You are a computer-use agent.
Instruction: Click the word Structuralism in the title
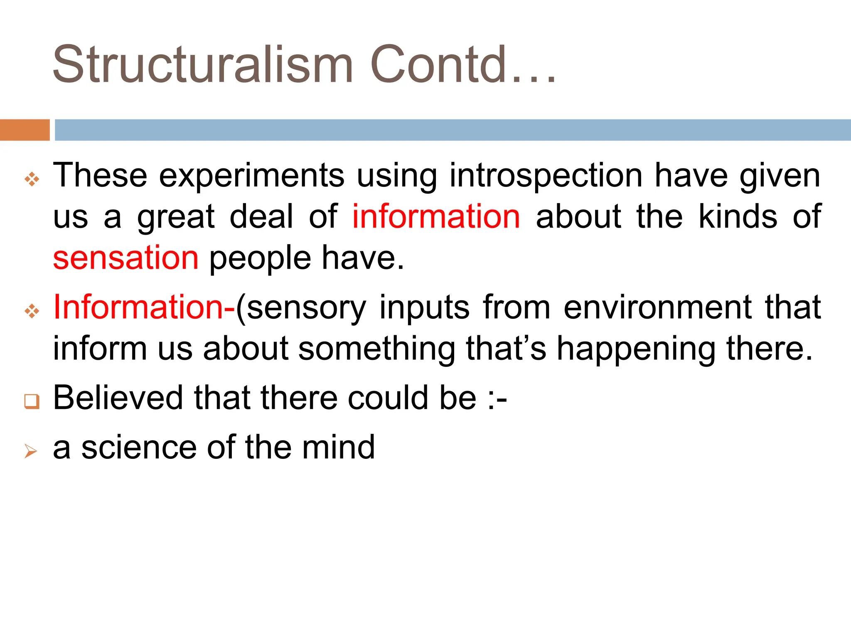click(203, 64)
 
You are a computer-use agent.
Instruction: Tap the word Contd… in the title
click(462, 64)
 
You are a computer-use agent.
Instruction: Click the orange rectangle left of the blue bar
click(25, 130)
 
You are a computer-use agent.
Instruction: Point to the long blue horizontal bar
click(452, 130)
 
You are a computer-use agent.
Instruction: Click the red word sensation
click(126, 258)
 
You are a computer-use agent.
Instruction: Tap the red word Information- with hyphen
click(144, 307)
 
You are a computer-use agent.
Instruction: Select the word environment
click(658, 307)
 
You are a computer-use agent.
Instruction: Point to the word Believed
click(118, 398)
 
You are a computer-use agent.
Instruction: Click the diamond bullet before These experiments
click(32, 179)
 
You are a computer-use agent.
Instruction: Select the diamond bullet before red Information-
click(32, 311)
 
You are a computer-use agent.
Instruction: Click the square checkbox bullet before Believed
click(32, 401)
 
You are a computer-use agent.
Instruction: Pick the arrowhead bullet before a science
click(31, 451)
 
